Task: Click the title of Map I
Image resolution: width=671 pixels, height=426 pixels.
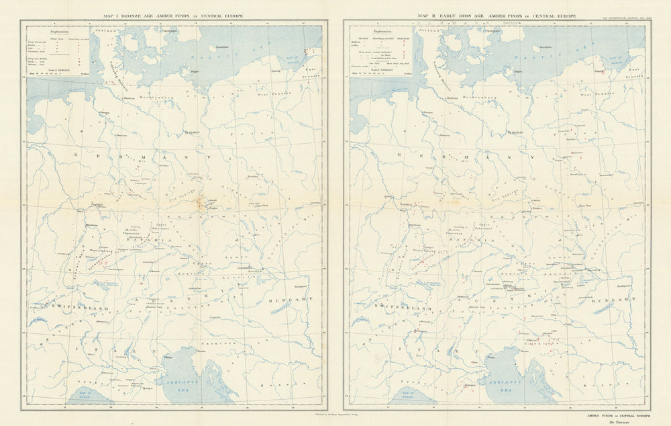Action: [174, 15]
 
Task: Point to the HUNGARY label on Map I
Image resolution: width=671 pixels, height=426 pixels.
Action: [291, 299]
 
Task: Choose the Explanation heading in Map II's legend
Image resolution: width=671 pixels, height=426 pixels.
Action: [383, 31]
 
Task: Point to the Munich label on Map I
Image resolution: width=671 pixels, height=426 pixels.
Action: [155, 271]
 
